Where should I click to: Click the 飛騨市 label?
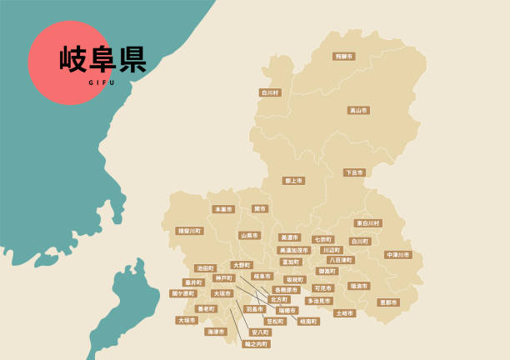click(343, 57)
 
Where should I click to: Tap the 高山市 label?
click(358, 110)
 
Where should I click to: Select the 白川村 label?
click(270, 92)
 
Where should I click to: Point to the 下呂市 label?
click(354, 172)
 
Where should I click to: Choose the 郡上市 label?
click(293, 180)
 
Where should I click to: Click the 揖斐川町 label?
click(189, 231)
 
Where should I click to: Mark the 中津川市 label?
click(398, 255)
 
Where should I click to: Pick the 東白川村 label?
click(367, 223)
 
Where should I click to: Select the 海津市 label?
click(215, 331)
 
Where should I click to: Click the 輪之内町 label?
click(257, 343)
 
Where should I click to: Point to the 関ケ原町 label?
click(183, 293)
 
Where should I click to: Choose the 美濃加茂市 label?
click(293, 250)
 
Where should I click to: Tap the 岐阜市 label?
click(262, 276)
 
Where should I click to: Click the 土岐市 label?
click(344, 313)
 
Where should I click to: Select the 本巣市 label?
click(222, 209)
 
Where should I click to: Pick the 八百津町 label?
click(340, 260)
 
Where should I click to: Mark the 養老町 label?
click(205, 308)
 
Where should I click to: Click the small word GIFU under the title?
click(102, 82)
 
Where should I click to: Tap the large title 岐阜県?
click(102, 59)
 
